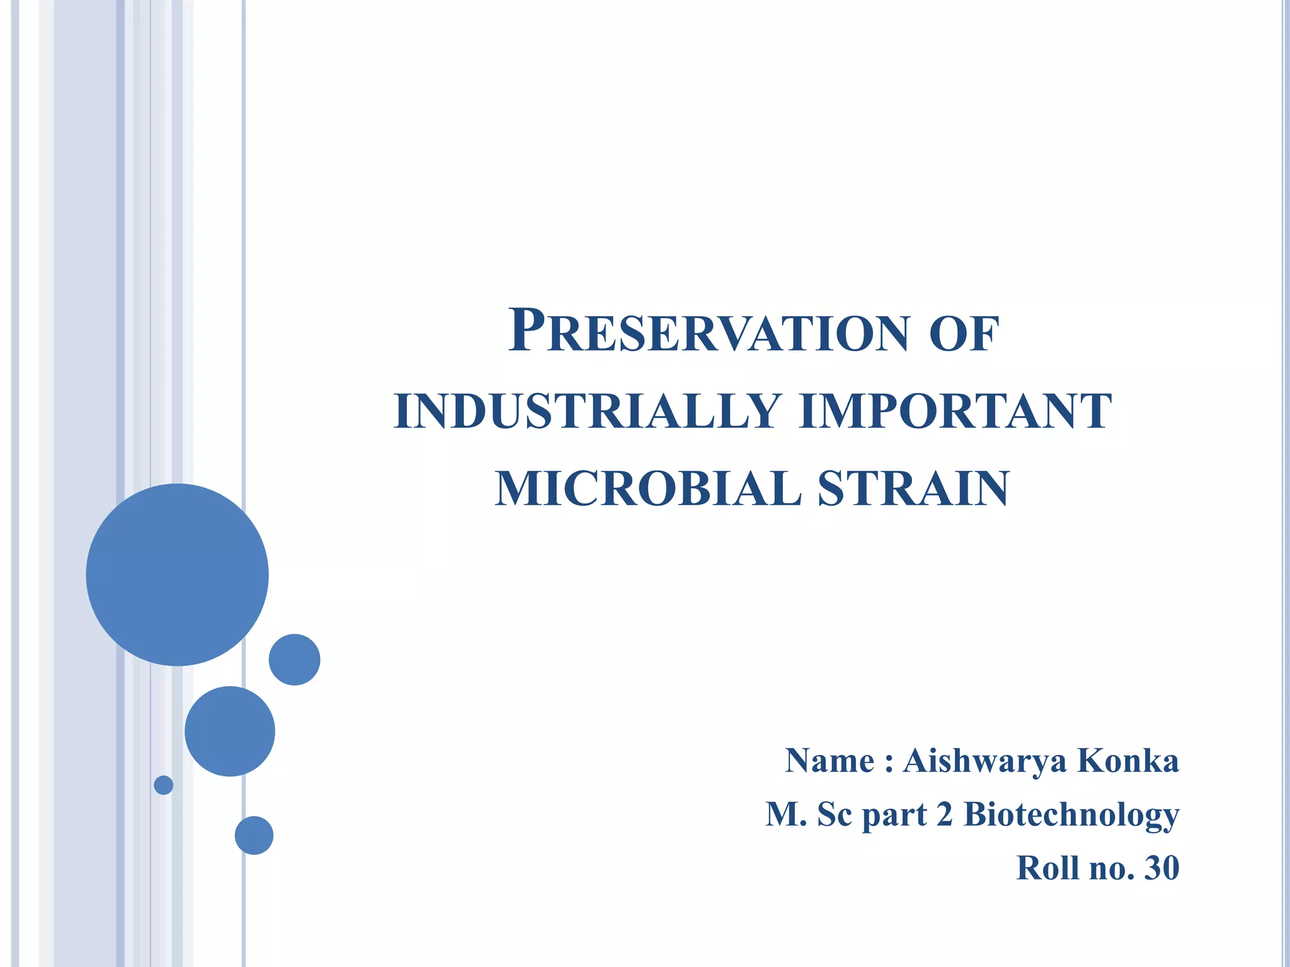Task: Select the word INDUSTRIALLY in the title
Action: [588, 412]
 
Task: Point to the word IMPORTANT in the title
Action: [954, 412]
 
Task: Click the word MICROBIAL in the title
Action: [648, 489]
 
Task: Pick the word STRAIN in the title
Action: [913, 489]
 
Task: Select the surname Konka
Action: [1128, 761]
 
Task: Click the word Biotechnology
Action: [1071, 815]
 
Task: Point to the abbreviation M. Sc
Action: [808, 815]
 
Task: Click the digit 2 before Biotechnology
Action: [944, 815]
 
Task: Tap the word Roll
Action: [1048, 868]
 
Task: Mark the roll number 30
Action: [1162, 868]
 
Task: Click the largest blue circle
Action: [177, 575]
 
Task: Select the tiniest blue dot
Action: [164, 785]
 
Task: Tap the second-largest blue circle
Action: [230, 731]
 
